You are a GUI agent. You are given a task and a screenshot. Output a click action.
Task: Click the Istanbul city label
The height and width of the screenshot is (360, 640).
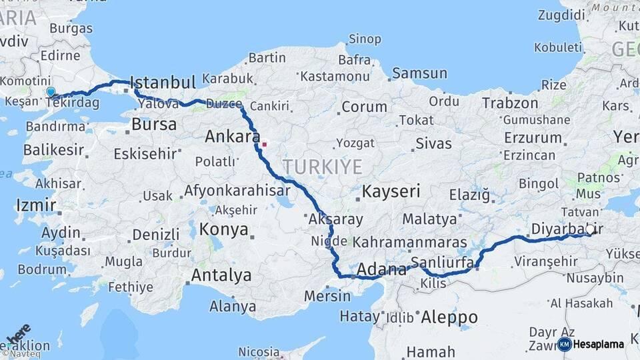click(163, 83)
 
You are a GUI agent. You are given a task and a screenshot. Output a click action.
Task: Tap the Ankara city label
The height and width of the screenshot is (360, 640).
click(232, 137)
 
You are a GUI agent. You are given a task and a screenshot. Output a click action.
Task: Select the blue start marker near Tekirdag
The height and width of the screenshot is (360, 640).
click(51, 92)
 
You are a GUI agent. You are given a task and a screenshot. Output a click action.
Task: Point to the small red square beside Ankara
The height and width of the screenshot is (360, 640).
click(265, 143)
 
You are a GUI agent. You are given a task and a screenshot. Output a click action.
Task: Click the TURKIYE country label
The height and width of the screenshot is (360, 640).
click(322, 167)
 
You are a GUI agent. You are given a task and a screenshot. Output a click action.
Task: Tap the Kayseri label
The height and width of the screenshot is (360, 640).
click(391, 192)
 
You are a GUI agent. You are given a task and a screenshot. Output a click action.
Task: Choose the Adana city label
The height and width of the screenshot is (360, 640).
click(381, 270)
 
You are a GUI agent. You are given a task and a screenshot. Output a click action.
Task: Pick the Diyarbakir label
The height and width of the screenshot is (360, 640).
click(567, 229)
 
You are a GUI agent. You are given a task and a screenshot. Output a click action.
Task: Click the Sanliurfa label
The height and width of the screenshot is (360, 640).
click(442, 261)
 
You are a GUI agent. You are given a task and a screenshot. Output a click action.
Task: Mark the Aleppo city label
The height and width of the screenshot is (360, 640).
click(449, 317)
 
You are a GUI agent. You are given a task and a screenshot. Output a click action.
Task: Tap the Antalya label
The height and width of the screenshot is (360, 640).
click(221, 275)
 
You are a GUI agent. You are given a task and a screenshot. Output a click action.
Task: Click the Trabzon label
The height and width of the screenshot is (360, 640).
click(510, 103)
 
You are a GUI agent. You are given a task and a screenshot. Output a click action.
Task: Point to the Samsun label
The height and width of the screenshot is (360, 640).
click(419, 73)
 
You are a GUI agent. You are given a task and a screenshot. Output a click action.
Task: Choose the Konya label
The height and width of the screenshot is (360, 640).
click(223, 230)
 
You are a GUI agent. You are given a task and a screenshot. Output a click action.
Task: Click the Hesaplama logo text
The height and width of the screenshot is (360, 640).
click(599, 345)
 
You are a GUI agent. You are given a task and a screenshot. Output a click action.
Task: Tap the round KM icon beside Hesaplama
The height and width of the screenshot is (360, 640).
click(564, 345)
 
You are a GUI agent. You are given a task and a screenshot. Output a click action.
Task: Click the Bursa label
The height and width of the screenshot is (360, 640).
click(154, 125)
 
